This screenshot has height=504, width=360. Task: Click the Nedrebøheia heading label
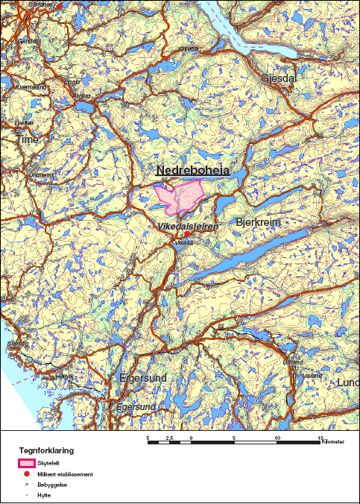click(x=193, y=171)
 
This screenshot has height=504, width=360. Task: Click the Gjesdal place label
click(x=278, y=78)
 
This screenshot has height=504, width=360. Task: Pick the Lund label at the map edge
click(x=347, y=382)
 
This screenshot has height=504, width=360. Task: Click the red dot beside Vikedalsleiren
click(x=186, y=234)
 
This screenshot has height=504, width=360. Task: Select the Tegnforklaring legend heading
click(x=47, y=451)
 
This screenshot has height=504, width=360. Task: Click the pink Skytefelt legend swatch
click(x=26, y=464)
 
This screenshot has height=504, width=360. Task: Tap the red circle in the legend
click(x=26, y=474)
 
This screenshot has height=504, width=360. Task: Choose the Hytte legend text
click(x=43, y=494)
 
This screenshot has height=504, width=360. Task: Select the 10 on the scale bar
click(x=277, y=437)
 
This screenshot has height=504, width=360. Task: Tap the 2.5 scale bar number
click(x=169, y=437)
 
